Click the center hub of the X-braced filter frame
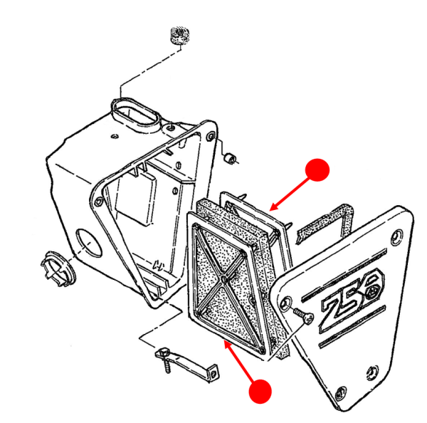225,281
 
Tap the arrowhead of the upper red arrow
273,207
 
